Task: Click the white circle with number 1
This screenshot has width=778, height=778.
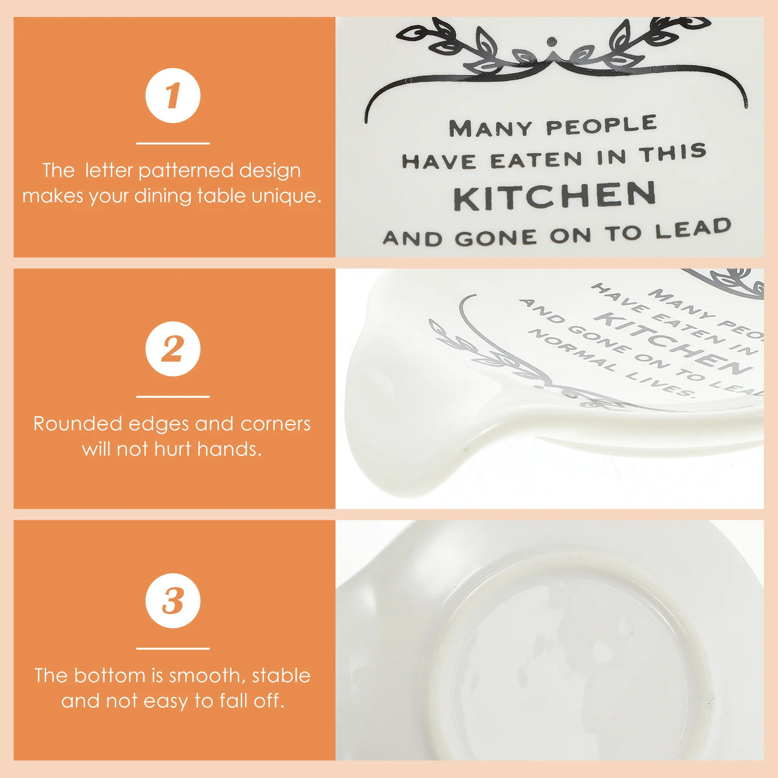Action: coord(173,96)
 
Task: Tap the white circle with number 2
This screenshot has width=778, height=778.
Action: coord(173,349)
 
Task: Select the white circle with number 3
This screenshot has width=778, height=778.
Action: coord(173,601)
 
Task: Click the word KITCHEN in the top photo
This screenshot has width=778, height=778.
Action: coord(554,195)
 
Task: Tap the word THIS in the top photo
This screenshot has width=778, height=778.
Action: coord(673,154)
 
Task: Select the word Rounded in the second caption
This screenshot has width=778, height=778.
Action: coord(77,424)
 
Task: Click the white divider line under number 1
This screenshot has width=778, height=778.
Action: coord(173,143)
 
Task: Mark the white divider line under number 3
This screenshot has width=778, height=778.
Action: coord(173,648)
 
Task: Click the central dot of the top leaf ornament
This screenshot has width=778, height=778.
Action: coord(551,41)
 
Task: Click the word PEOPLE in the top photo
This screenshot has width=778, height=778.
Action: coord(601,125)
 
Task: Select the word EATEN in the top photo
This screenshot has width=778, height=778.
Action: coord(536,160)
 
